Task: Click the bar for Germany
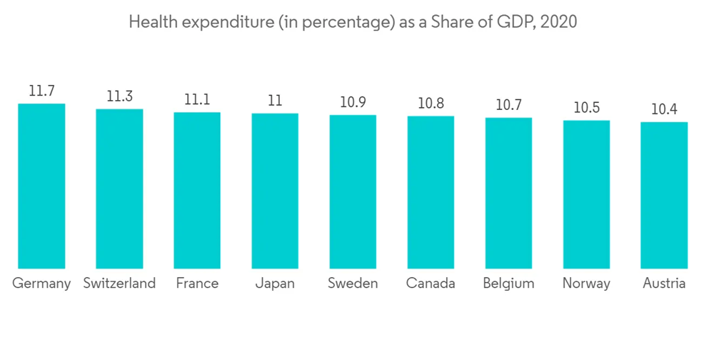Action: click(x=41, y=186)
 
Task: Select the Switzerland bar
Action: click(x=119, y=189)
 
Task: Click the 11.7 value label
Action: click(x=41, y=91)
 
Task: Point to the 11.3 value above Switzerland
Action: click(x=119, y=97)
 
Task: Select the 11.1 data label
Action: click(x=197, y=100)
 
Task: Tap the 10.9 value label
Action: click(x=353, y=103)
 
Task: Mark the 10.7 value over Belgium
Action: click(x=508, y=106)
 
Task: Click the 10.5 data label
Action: click(x=586, y=109)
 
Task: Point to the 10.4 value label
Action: click(x=664, y=110)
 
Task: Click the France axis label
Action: click(x=197, y=284)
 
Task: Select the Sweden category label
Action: click(x=353, y=284)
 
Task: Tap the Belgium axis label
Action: click(x=508, y=284)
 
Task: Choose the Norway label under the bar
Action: click(x=586, y=284)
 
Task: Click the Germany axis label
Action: click(x=41, y=284)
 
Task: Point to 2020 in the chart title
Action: click(x=559, y=22)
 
